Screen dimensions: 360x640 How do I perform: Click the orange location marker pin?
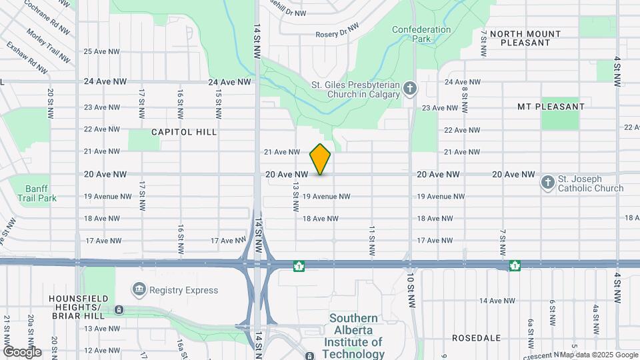[320, 159]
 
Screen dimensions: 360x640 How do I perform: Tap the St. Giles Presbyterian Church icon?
[411, 89]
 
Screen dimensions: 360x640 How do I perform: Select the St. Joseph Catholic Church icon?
[547, 183]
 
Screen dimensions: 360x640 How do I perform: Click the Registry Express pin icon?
[139, 290]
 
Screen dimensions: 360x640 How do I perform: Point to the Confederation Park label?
[421, 34]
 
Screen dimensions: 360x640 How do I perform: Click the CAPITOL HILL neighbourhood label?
[184, 132]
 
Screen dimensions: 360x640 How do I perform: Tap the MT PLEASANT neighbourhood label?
[551, 107]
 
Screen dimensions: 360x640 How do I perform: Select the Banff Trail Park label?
[41, 193]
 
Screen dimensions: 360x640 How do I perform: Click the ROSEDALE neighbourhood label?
[476, 338]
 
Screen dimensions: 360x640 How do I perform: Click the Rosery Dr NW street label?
[337, 35]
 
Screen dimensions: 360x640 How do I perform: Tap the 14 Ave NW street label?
[497, 301]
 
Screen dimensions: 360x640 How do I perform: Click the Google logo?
[22, 351]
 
